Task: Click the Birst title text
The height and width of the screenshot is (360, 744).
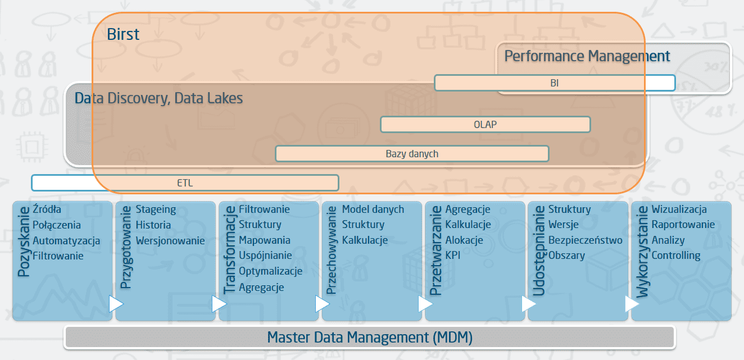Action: [123, 34]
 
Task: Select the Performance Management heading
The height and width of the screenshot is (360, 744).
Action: [587, 56]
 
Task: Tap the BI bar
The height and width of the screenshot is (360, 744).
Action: [554, 83]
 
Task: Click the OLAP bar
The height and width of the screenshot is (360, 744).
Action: [485, 124]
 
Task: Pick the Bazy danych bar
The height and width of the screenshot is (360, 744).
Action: [411, 153]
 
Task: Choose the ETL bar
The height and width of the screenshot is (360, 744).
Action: [185, 183]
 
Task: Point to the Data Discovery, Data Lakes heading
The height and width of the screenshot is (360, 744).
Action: [158, 98]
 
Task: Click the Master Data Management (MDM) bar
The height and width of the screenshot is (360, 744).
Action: [369, 338]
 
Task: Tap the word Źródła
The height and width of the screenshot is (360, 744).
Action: [47, 209]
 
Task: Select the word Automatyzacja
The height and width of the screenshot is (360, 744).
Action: [66, 240]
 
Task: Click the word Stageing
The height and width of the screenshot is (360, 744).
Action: [156, 209]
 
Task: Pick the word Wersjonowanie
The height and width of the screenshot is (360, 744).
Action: [170, 240]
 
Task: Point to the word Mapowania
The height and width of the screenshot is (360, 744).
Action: [265, 240]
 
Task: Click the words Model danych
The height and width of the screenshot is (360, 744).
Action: [373, 209]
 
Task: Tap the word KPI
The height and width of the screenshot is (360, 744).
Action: [453, 255]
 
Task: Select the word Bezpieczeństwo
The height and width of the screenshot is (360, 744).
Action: [585, 240]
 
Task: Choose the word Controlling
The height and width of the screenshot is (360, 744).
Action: [675, 255]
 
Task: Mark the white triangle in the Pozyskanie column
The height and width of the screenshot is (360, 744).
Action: [115, 304]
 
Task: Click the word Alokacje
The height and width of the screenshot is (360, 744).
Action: [464, 240]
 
